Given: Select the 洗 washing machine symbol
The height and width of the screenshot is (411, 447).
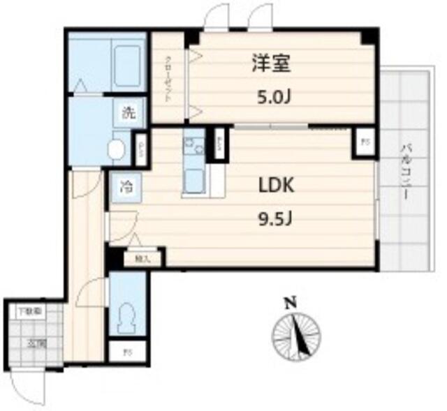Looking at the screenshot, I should point(129,113).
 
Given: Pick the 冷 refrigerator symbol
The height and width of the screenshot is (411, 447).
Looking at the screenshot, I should point(126,186).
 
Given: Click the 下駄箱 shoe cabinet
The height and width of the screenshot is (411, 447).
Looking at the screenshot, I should point(32,310).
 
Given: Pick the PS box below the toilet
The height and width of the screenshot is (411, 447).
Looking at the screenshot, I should point(126,352).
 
